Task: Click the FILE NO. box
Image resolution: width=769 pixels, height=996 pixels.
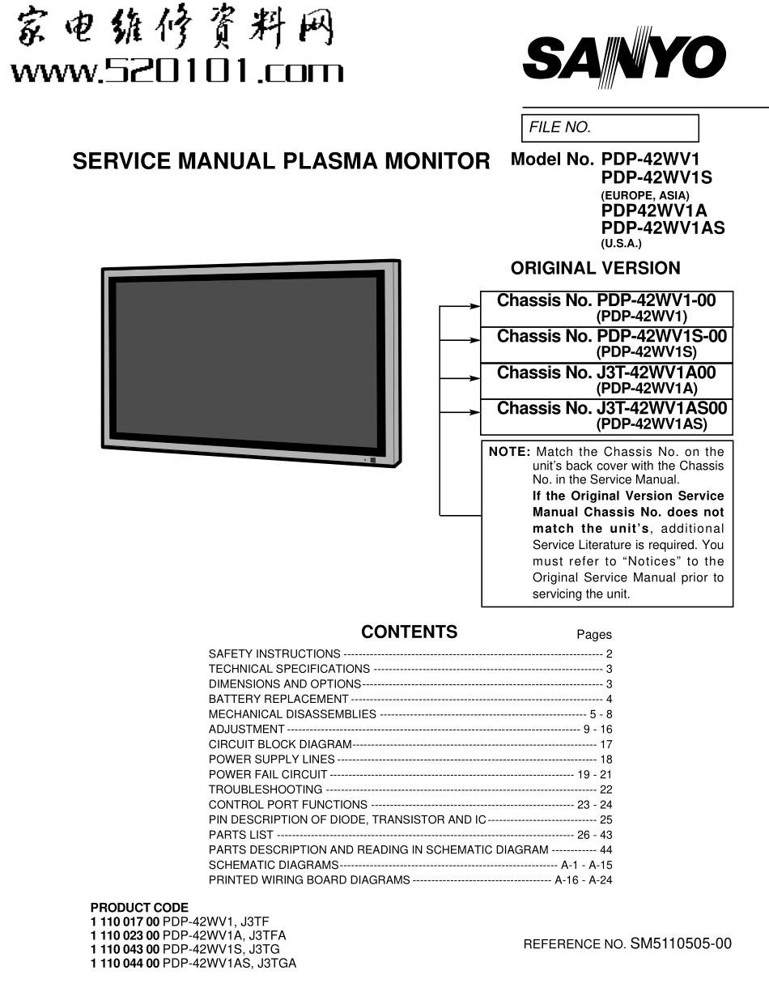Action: click(x=610, y=128)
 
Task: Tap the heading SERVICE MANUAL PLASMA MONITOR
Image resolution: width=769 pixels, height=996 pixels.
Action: click(x=281, y=161)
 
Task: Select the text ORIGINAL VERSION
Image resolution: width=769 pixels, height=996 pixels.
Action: click(x=595, y=268)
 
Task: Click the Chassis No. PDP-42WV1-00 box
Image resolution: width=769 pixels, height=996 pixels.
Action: click(x=606, y=309)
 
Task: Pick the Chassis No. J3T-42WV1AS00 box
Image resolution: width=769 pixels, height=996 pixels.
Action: click(x=606, y=416)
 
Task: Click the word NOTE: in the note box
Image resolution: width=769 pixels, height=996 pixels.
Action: click(x=509, y=452)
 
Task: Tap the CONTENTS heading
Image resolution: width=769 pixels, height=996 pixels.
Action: click(x=409, y=632)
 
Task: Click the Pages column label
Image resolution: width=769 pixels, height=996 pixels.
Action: click(x=594, y=635)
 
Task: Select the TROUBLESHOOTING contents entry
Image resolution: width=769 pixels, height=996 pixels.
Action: click(x=266, y=790)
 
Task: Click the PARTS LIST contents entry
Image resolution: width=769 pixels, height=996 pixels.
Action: click(x=241, y=835)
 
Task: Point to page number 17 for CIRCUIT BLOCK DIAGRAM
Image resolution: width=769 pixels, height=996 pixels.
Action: click(x=606, y=744)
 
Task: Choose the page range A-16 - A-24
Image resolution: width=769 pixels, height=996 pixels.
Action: click(x=583, y=880)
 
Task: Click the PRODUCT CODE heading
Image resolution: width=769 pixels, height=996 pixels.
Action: click(x=139, y=908)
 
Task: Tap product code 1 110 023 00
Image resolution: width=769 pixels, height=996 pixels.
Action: click(x=125, y=934)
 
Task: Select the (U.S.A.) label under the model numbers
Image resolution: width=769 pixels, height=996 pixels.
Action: click(x=621, y=244)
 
